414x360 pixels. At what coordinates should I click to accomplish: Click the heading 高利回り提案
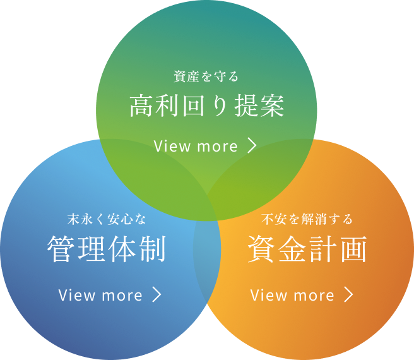pyautogui.click(x=207, y=105)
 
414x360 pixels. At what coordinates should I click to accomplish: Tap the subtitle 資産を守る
pyautogui.click(x=206, y=76)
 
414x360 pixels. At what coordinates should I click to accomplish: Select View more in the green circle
pyautogui.click(x=196, y=146)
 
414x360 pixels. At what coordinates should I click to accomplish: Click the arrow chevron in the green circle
pyautogui.click(x=252, y=146)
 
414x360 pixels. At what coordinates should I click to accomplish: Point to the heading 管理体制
pyautogui.click(x=107, y=249)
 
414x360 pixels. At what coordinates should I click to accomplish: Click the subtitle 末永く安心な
pyautogui.click(x=107, y=219)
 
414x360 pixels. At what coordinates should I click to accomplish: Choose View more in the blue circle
pyautogui.click(x=100, y=295)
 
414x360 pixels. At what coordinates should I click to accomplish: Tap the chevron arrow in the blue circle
pyautogui.click(x=157, y=295)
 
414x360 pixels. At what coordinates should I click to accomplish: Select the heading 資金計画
pyautogui.click(x=307, y=249)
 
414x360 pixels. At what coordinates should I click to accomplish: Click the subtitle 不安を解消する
pyautogui.click(x=307, y=219)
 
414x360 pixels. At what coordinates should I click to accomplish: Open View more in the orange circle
pyautogui.click(x=292, y=295)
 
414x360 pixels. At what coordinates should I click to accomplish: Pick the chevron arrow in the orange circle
pyautogui.click(x=349, y=295)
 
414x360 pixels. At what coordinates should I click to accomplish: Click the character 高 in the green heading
pyautogui.click(x=141, y=105)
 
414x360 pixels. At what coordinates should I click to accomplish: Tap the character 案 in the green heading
pyautogui.click(x=273, y=105)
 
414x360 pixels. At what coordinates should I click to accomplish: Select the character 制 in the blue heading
pyautogui.click(x=153, y=249)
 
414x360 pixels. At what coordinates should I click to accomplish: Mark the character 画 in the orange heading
pyautogui.click(x=354, y=249)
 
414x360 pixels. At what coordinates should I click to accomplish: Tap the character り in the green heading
pyautogui.click(x=220, y=105)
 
